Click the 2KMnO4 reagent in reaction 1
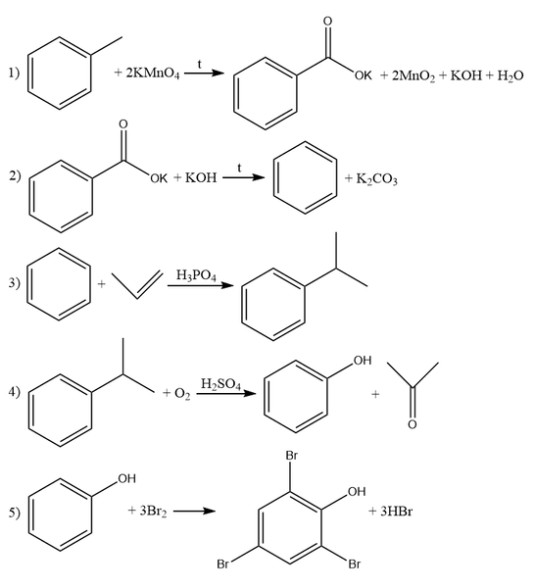pos(153,73)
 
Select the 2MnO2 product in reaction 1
pos(413,76)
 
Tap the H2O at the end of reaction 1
pos(511,76)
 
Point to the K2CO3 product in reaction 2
pos(376,179)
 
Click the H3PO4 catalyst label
pos(196,275)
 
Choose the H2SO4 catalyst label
pos(220,384)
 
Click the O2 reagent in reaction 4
pos(182,394)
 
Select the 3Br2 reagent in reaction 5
pos(153,512)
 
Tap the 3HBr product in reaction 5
pos(396,512)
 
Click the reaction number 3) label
pos(15,283)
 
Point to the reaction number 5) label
pos(15,513)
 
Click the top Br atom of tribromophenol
pos(291,456)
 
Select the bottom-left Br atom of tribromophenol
pos(223,564)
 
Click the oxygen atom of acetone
pos(413,424)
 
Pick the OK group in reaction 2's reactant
pos(159,178)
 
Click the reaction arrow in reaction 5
pos(194,511)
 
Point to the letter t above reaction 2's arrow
pos(239,168)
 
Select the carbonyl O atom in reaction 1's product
pos(327,22)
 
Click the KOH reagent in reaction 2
pos(201,177)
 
